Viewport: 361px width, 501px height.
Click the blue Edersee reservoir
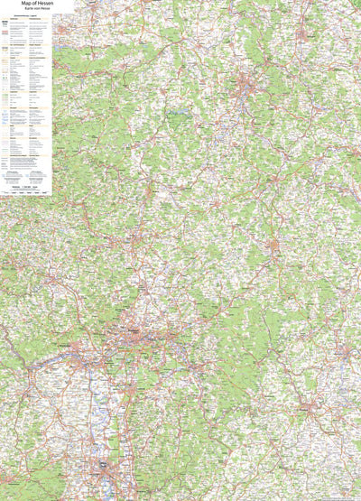(x=180, y=116)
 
